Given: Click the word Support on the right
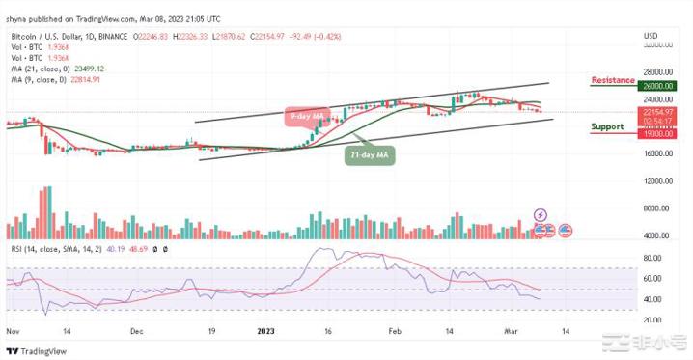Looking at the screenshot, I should pyautogui.click(x=607, y=126).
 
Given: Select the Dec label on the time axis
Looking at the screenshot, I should pyautogui.click(x=136, y=330).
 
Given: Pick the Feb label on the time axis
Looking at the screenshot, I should pyautogui.click(x=394, y=330).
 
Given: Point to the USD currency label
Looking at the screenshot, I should pyautogui.click(x=651, y=36).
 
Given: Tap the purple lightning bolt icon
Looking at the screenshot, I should pyautogui.click(x=540, y=214).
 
